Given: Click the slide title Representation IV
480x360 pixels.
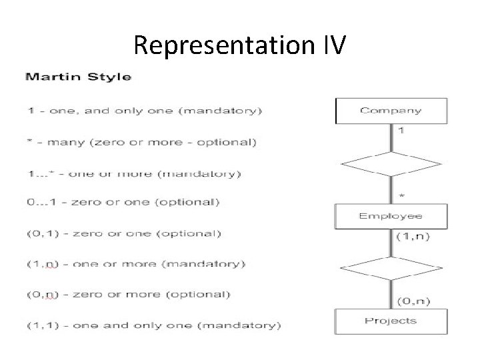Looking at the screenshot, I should (x=239, y=45).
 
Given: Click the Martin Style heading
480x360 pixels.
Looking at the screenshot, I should (x=78, y=77).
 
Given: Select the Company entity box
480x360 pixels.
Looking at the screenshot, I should (x=391, y=111).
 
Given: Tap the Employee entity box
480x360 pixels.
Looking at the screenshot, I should (x=391, y=216).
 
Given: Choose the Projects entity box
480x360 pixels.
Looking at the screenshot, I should (x=391, y=321).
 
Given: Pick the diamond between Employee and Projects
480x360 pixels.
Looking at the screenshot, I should (x=391, y=268).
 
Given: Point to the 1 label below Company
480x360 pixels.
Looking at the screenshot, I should (x=401, y=131).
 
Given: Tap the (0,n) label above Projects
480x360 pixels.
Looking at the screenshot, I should (x=413, y=301).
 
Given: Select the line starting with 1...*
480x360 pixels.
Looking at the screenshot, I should (x=133, y=174).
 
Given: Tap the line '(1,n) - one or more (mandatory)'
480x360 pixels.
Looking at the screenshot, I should (x=135, y=265).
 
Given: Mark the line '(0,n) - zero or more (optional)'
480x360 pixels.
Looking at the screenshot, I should (x=128, y=294).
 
